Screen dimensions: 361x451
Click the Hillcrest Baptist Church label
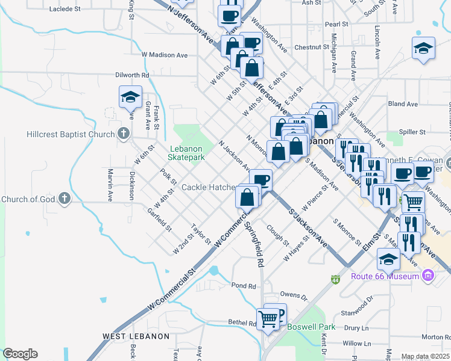point(58,134)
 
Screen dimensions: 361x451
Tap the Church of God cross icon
point(64,199)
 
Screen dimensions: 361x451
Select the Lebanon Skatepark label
point(187,153)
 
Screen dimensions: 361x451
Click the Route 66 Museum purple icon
point(428,276)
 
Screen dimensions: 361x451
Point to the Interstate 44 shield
point(335,280)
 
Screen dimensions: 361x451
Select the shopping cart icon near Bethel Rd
point(267,318)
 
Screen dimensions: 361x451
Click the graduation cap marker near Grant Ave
point(130,97)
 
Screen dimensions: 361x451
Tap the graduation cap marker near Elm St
point(388,259)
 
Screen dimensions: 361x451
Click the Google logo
point(20,354)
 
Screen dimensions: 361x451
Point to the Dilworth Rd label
point(132,75)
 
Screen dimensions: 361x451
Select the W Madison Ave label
point(165,55)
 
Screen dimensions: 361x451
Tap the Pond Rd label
point(244,285)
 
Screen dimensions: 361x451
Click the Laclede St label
point(65,9)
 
